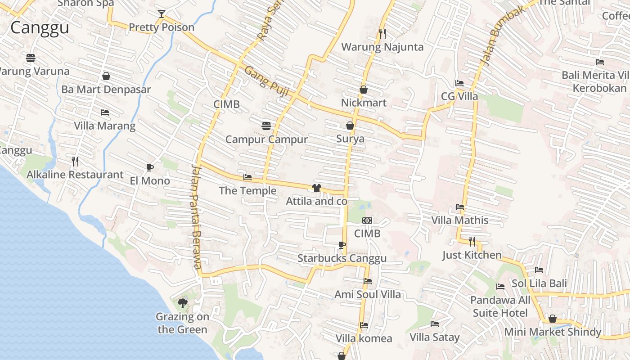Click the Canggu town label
click(40, 28)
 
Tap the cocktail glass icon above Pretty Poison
click(162, 14)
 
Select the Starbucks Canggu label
click(342, 258)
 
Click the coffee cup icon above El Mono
click(150, 168)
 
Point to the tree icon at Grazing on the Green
click(182, 303)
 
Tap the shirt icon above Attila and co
click(317, 188)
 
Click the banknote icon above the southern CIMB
click(367, 220)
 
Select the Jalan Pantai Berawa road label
click(196, 216)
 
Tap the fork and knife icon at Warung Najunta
click(382, 33)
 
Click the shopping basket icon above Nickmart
click(364, 90)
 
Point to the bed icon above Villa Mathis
click(459, 207)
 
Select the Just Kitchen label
click(472, 255)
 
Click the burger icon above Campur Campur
click(266, 126)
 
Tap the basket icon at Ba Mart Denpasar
click(106, 76)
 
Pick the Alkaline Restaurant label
click(75, 175)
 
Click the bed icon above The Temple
click(247, 177)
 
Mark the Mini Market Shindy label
click(553, 332)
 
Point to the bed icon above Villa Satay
click(434, 324)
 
